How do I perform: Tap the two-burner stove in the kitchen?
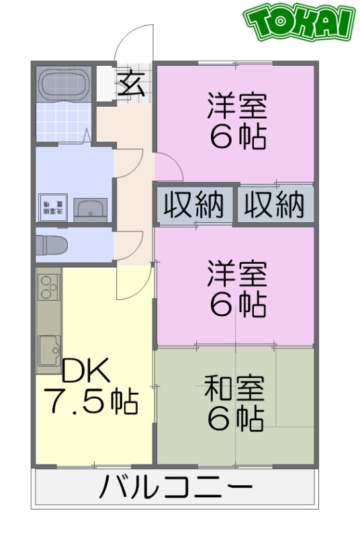pyautogui.click(x=48, y=287)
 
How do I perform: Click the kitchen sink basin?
pyautogui.click(x=48, y=348)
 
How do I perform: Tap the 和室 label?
pyautogui.click(x=234, y=389)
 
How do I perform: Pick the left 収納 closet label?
pyautogui.click(x=195, y=205)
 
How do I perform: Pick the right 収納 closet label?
pyautogui.click(x=274, y=205)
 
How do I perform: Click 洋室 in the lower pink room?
pyautogui.click(x=237, y=274)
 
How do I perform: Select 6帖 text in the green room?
pyautogui.click(x=235, y=420)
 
